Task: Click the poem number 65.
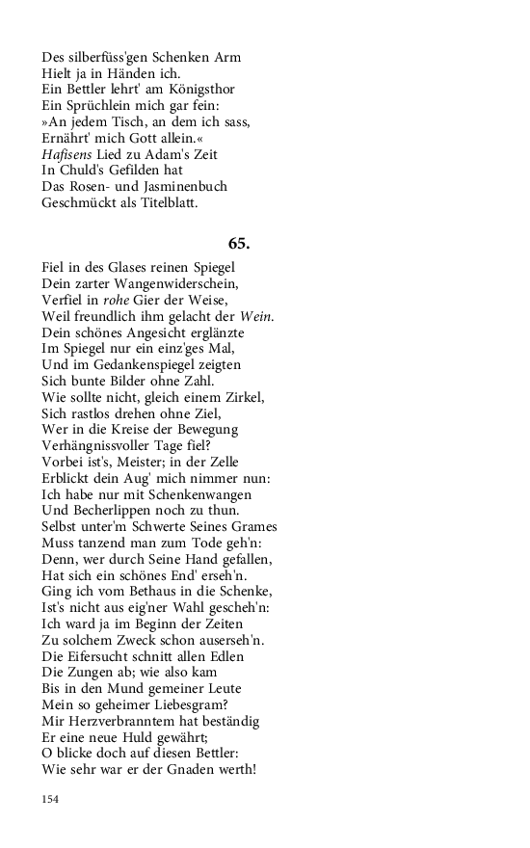click(239, 244)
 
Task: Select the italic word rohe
click(116, 301)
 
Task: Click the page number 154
click(51, 800)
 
